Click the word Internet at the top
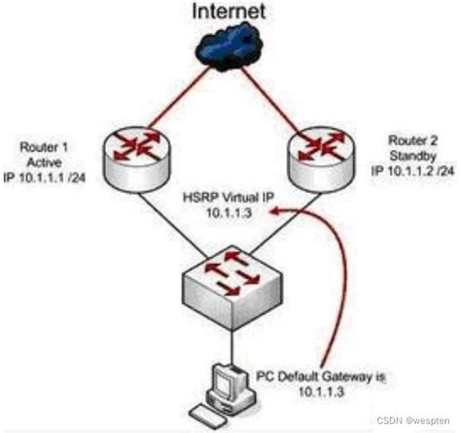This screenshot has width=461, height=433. click(230, 13)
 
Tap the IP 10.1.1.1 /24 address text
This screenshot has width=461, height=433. click(51, 172)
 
